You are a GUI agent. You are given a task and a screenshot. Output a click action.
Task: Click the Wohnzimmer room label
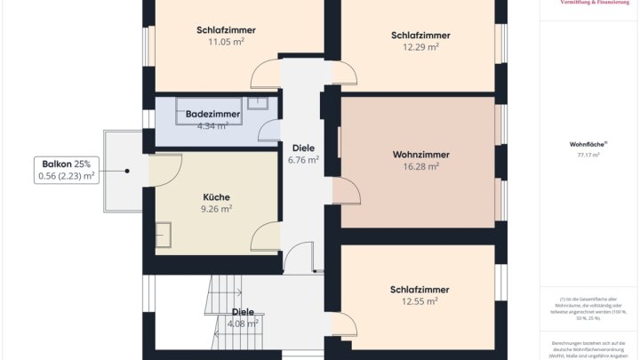pos(420,154)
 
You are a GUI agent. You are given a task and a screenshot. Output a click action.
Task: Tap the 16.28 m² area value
pos(420,166)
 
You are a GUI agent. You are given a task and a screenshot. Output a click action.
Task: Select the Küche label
pos(216,196)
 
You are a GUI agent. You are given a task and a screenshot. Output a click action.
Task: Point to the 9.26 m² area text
pos(216,209)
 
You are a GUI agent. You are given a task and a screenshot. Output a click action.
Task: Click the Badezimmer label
pos(212,115)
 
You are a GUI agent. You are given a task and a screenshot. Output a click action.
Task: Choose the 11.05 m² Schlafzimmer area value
pos(226,42)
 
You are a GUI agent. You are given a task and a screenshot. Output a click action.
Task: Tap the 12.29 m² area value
pos(420,47)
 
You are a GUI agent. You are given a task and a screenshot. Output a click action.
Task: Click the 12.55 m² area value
pos(420,301)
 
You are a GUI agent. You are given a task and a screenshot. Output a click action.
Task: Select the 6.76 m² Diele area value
pos(303,161)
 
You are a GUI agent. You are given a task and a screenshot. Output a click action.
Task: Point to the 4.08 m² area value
pos(243,324)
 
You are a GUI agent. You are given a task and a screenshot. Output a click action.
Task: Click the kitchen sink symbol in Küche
pos(164,236)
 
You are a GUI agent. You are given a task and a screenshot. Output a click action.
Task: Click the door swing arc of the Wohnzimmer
pos(348,191)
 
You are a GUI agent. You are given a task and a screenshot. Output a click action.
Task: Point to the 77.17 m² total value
pos(588,155)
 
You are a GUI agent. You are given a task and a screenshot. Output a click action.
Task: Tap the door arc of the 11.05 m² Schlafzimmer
pos(266,76)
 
